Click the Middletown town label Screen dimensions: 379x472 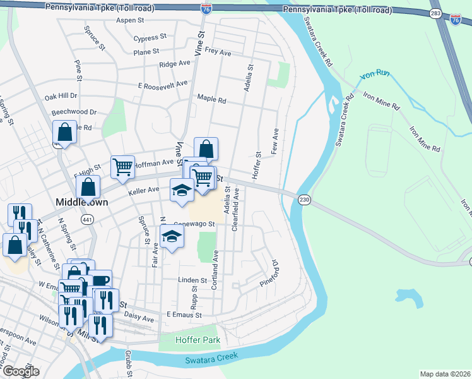coord(81,202)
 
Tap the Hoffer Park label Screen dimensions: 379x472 coord(198,340)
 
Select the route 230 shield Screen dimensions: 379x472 coord(304,198)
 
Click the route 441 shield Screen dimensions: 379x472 coord(87,219)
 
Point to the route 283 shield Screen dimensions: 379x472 coord(435,13)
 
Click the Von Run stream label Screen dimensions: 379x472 coord(375,75)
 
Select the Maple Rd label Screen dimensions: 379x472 coord(211,99)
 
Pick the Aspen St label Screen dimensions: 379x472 coord(131,20)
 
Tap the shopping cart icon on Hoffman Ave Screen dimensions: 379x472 coord(122,166)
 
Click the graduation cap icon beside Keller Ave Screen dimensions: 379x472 coord(181,189)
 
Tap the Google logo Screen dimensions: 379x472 coord(21,371)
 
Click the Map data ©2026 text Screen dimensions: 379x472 coord(444,374)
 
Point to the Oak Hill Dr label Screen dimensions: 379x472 coord(61,96)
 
